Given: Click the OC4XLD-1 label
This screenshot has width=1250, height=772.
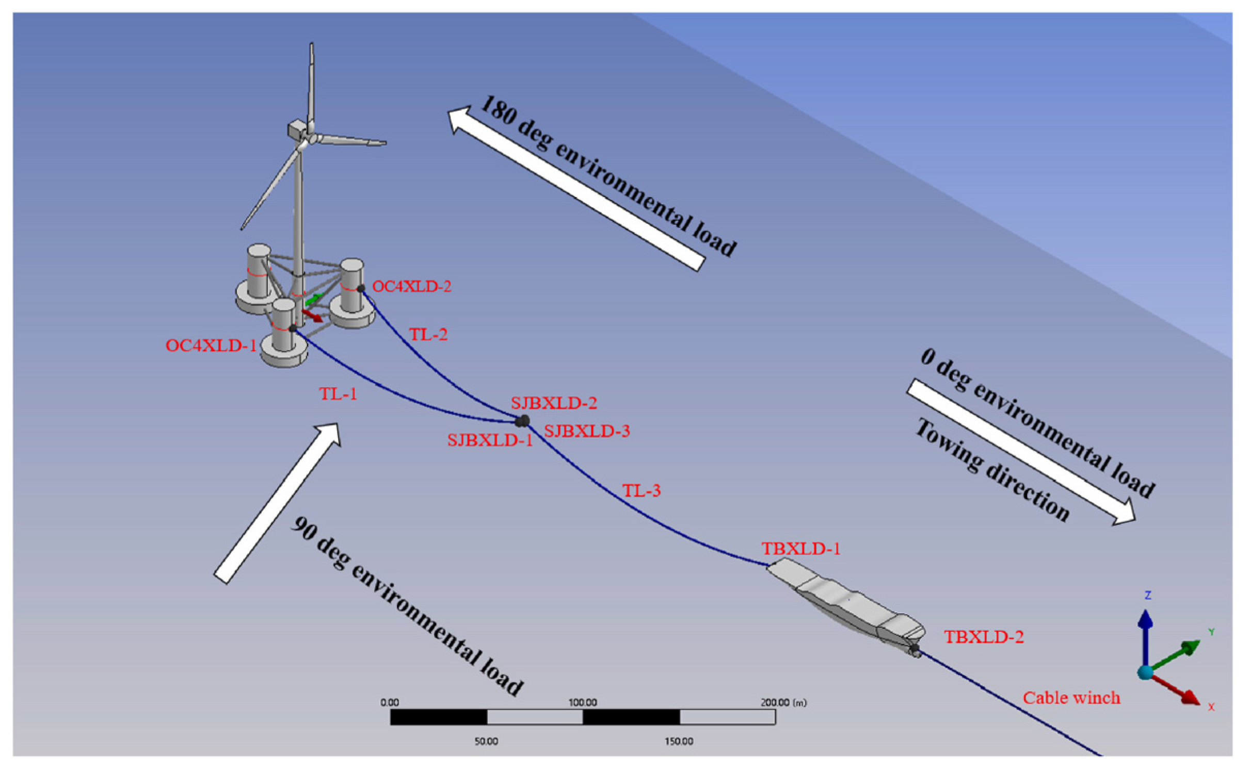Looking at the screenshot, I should tap(211, 346).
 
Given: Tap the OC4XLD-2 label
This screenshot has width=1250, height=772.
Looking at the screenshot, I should tap(411, 286).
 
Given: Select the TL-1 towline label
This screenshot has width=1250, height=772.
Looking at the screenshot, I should tap(338, 394).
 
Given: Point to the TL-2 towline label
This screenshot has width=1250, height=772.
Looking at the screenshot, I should tap(428, 335).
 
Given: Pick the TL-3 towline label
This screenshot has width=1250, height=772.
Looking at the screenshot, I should tap(641, 490).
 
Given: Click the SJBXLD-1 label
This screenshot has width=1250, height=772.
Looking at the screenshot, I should tap(489, 440).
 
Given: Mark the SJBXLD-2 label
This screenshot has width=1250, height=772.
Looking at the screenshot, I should tap(554, 403).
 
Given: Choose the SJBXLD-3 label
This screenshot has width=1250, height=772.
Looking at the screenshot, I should tap(587, 431).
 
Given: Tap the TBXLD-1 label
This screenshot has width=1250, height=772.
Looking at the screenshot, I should tap(801, 549).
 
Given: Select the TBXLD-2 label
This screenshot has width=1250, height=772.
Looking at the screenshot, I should tap(984, 637).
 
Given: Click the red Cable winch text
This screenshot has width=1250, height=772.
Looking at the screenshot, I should tap(1071, 698).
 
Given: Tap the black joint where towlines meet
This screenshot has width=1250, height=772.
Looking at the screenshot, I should tap(522, 421).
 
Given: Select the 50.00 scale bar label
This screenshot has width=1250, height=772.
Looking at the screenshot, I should tap(486, 742).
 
